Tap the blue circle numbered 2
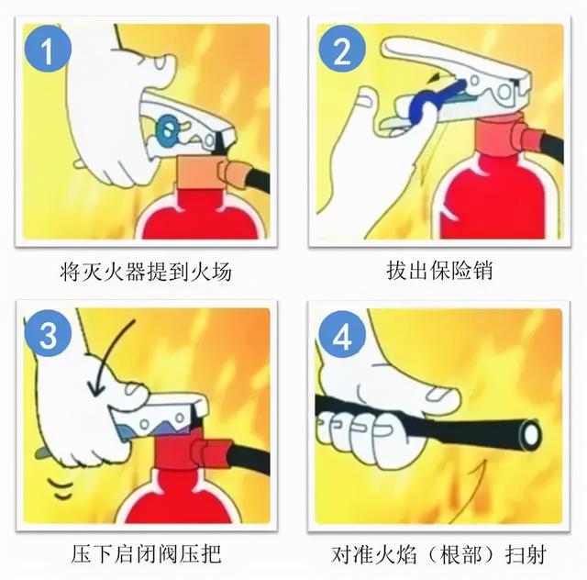coord(341,52)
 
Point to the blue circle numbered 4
coord(341,336)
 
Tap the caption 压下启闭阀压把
coord(146,554)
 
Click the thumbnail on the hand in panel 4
coord(444,396)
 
